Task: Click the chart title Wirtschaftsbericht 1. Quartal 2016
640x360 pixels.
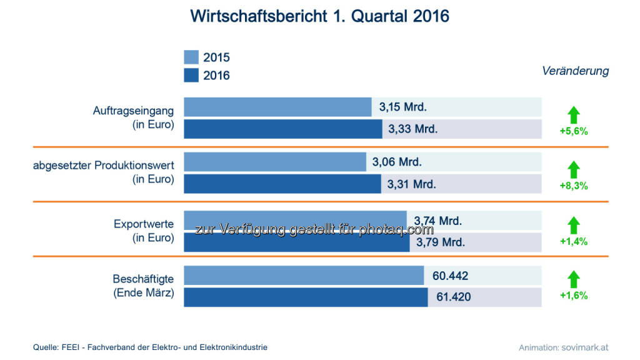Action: point(319,16)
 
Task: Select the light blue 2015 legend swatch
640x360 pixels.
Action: point(191,57)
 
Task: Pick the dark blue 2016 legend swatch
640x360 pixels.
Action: point(191,76)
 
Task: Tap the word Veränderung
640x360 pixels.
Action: point(575,71)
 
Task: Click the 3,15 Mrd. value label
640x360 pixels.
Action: point(403,107)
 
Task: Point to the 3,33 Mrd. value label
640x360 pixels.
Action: point(413,129)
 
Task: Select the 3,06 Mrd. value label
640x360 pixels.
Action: point(397,162)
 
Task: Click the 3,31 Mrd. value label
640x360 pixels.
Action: point(412,184)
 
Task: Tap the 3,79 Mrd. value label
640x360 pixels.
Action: point(441,242)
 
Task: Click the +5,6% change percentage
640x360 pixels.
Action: point(574,132)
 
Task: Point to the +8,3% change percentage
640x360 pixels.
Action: point(574,186)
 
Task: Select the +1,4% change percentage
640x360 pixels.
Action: point(574,242)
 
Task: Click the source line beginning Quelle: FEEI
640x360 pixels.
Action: point(150,347)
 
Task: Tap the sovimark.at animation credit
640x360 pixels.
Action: point(563,347)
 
